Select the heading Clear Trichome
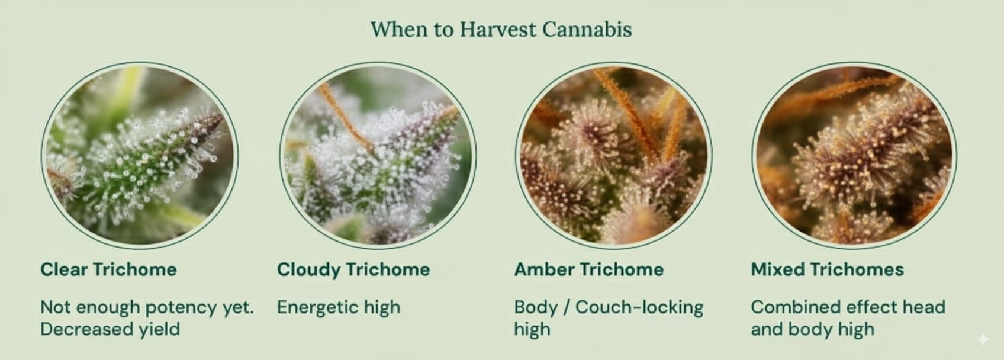click(x=108, y=269)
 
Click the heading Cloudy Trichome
click(x=353, y=269)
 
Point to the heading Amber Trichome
click(x=588, y=269)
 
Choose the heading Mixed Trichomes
click(x=827, y=269)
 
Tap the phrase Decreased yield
click(x=110, y=329)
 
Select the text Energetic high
click(x=339, y=307)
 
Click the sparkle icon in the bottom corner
click(x=983, y=339)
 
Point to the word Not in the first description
click(x=55, y=307)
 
